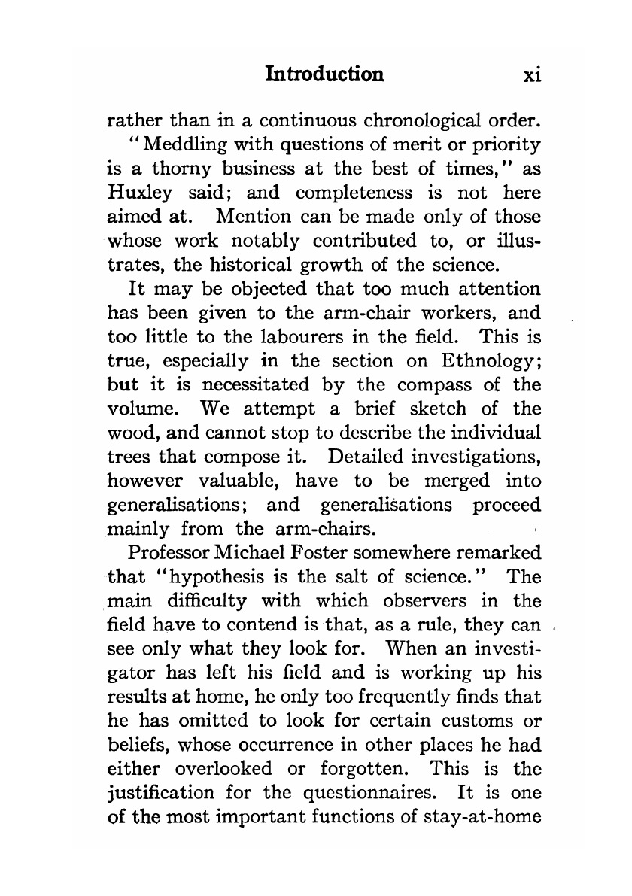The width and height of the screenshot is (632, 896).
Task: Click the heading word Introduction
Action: point(325,74)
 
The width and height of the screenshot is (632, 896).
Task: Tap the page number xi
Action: point(533,74)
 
